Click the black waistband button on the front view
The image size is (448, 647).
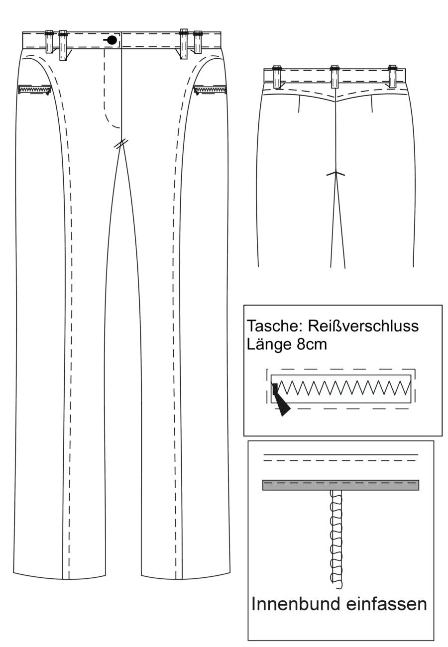112,40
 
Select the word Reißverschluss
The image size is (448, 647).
363,326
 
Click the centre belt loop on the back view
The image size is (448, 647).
335,77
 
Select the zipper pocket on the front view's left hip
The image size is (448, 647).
34,90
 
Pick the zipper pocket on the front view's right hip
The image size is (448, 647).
210,90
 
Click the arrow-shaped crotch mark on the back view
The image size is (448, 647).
336,174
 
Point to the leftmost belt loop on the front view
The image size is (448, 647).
49,42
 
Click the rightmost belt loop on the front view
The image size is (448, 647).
198,42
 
